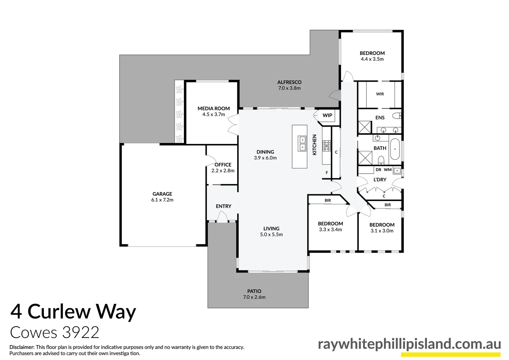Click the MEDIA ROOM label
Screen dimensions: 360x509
[214, 108]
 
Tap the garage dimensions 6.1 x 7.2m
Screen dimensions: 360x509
[162, 200]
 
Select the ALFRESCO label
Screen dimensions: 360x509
[289, 82]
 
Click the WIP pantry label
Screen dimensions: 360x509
[327, 115]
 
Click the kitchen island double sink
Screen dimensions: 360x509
[302, 143]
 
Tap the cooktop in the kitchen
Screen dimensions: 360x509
[326, 146]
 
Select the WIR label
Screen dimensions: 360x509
[380, 94]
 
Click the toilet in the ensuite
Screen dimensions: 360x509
[397, 116]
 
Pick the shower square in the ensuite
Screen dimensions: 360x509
[364, 127]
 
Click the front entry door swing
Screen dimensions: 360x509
[222, 217]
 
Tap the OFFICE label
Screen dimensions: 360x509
[223, 165]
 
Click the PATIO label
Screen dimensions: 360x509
[254, 291]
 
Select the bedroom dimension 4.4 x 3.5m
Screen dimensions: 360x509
[372, 59]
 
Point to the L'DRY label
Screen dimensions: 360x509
[380, 179]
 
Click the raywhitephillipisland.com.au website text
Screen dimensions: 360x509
[409, 344]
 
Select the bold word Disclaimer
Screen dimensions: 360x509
[22, 347]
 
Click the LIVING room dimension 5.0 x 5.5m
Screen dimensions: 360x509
[271, 234]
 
